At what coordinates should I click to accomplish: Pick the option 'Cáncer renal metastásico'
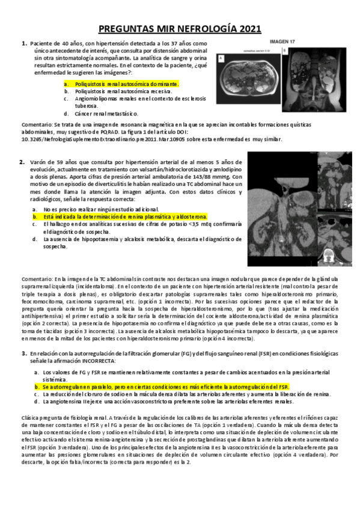tap(102, 113)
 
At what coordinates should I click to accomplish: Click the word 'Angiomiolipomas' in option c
tap(97, 98)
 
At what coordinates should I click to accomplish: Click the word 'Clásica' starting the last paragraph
tap(30, 417)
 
